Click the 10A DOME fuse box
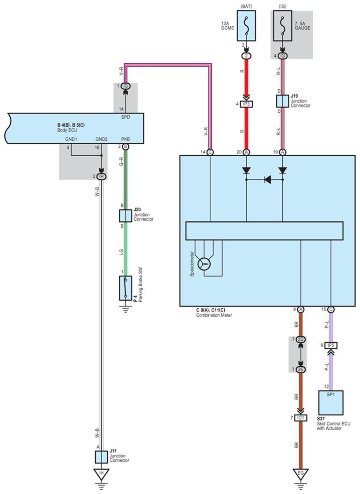(246, 26)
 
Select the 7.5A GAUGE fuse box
(282, 26)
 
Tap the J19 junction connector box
(282, 101)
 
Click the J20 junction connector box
(125, 216)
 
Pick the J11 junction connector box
(101, 457)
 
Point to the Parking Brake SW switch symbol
(125, 288)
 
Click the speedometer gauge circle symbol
(204, 264)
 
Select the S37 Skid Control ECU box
(331, 403)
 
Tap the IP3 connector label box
(246, 104)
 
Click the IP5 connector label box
(331, 346)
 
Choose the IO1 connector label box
(301, 418)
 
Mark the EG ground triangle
(301, 473)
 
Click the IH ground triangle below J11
(101, 473)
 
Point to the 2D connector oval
(301, 339)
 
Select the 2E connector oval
(301, 370)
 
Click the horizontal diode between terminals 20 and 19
(267, 180)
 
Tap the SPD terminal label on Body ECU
(125, 117)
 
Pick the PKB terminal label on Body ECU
(125, 139)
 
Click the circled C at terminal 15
(331, 310)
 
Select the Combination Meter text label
(214, 315)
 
